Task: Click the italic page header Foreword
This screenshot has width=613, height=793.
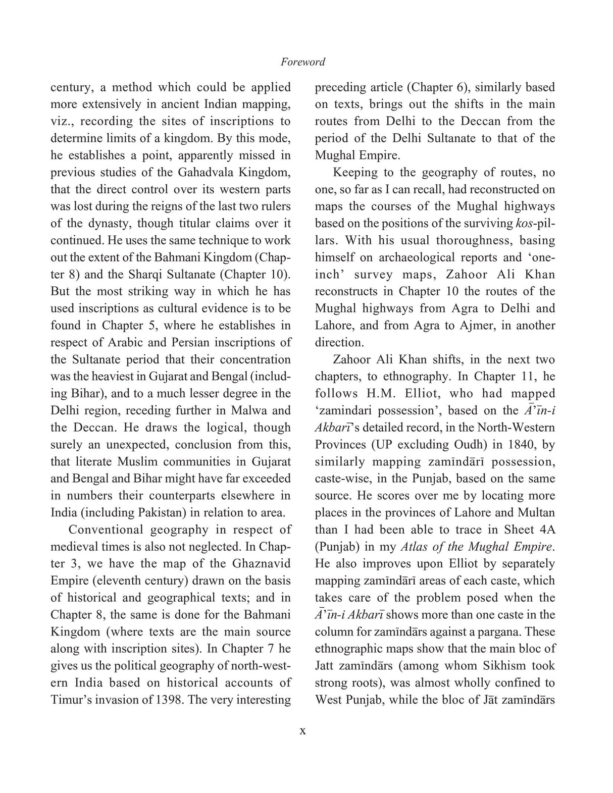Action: [302, 62]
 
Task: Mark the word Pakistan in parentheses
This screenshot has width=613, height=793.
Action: [159, 512]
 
